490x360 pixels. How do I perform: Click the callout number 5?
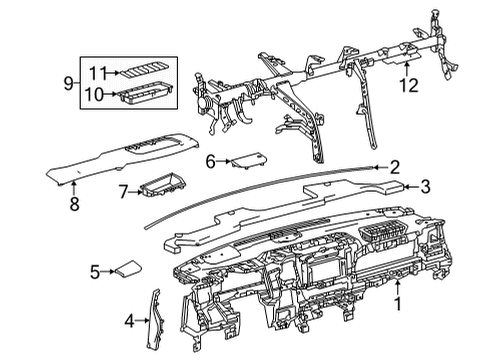tap(95, 270)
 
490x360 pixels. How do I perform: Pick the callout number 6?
tap(211, 161)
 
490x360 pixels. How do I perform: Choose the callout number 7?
tap(123, 189)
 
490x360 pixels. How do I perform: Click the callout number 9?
tap(68, 84)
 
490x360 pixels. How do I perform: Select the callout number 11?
tap(97, 72)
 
